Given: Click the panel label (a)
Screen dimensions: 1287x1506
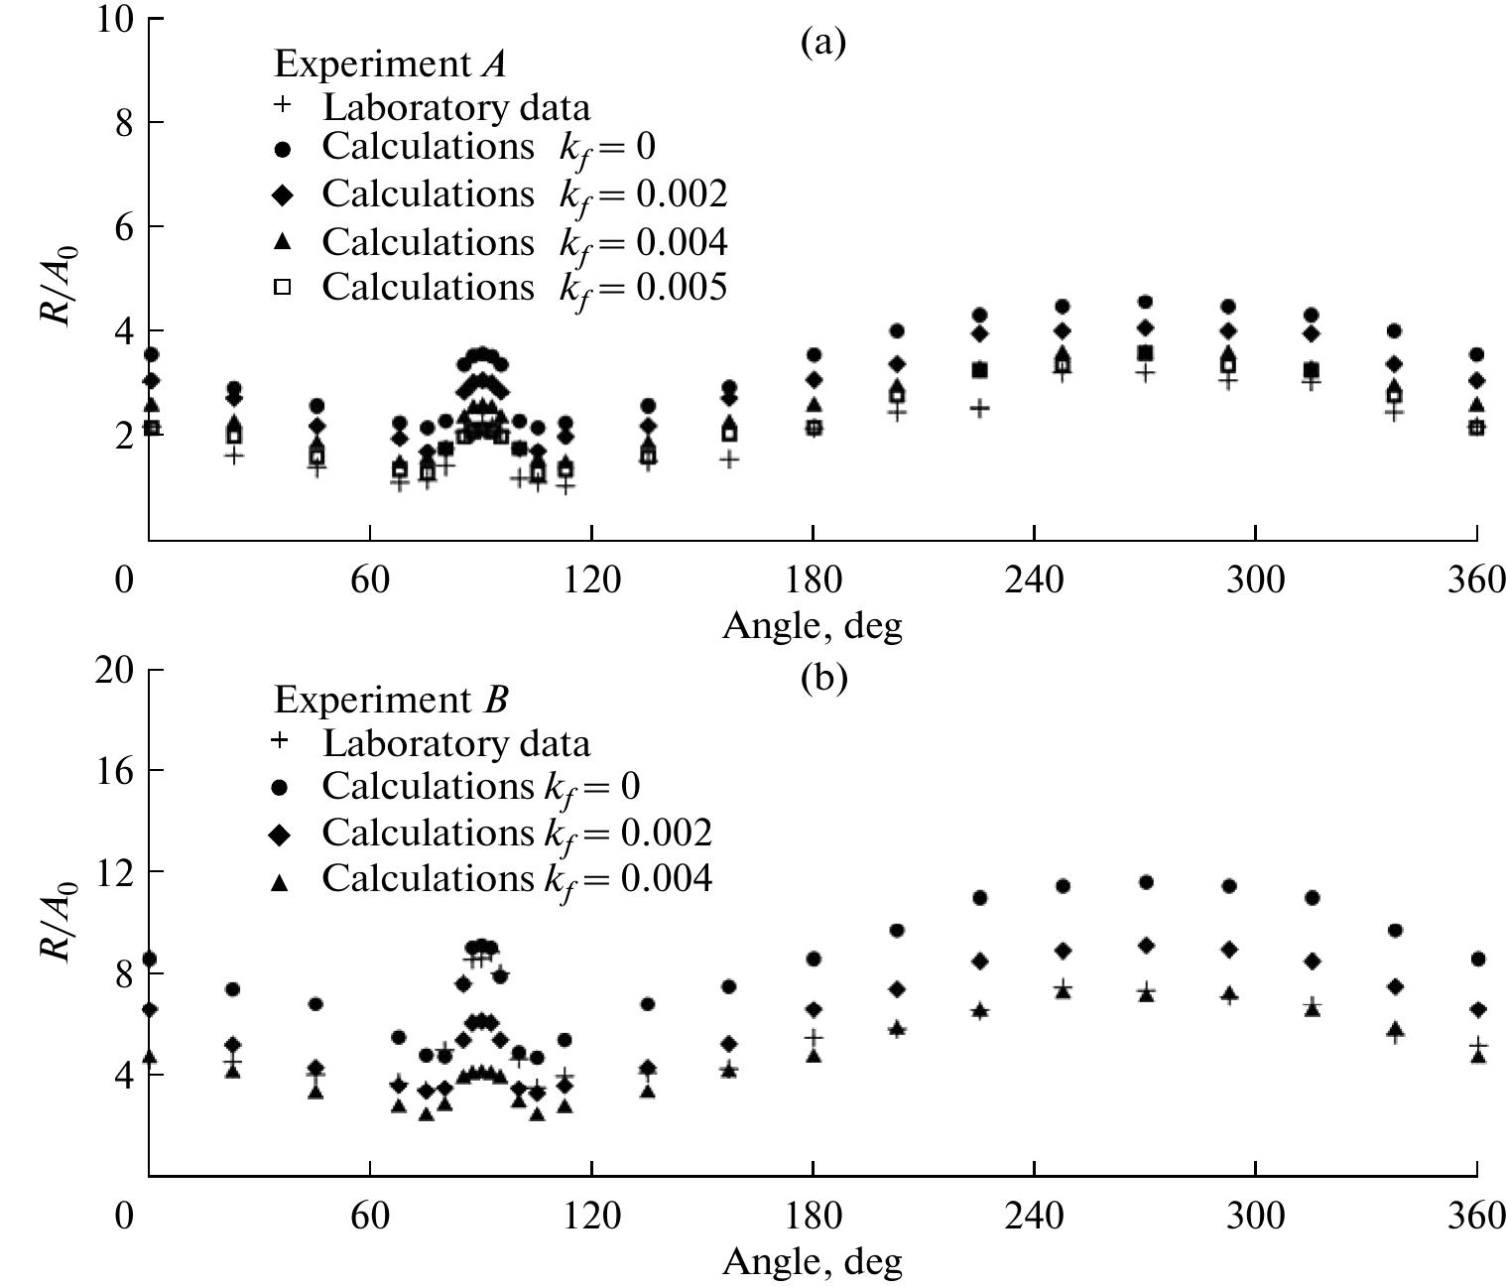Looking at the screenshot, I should coord(823,43).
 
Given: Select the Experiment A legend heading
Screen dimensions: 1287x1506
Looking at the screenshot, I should coord(390,64).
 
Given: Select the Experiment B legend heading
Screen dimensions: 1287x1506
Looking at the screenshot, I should coord(391,700).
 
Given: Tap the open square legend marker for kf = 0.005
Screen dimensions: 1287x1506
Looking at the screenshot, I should coord(283,287).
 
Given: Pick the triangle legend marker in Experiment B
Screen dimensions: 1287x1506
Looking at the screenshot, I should coord(283,879).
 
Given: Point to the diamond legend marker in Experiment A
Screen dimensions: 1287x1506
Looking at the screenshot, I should coord(283,195).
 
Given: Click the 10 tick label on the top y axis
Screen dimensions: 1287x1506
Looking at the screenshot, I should coord(117,20).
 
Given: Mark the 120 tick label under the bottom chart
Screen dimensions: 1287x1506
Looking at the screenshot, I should coord(591,1216).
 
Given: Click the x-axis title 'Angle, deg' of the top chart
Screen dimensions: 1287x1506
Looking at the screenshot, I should coord(813,625).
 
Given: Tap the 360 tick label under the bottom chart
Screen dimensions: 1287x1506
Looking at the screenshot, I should coord(1476,1216).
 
